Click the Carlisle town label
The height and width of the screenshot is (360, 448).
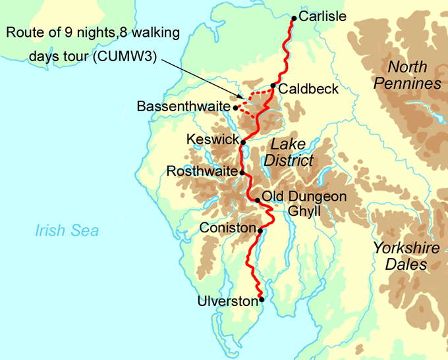pyautogui.click(x=322, y=17)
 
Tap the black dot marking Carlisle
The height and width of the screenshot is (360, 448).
pyautogui.click(x=294, y=18)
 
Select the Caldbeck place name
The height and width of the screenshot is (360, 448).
pyautogui.click(x=308, y=88)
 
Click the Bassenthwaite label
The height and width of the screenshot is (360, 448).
pyautogui.click(x=184, y=106)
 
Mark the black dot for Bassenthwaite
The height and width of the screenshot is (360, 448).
pyautogui.click(x=235, y=106)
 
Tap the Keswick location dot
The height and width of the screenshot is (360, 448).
pyautogui.click(x=243, y=141)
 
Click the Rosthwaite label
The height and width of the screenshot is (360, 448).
pyautogui.click(x=202, y=171)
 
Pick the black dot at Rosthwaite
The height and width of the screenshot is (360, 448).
pyautogui.click(x=242, y=172)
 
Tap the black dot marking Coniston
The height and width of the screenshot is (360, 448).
pyautogui.click(x=260, y=230)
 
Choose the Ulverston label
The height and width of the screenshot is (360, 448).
pyautogui.click(x=227, y=301)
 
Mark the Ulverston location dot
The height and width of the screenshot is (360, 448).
pyautogui.click(x=262, y=299)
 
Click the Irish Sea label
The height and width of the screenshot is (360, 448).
pyautogui.click(x=67, y=230)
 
